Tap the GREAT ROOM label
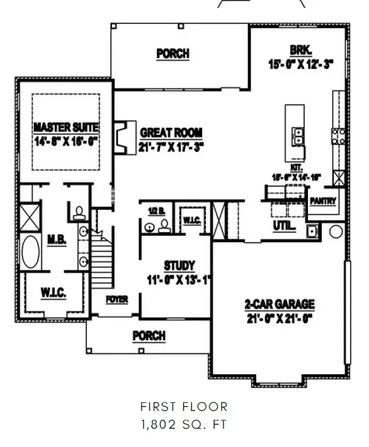(171, 133)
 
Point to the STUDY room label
(179, 266)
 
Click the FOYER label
(117, 299)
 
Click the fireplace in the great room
(125, 137)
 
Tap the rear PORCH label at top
(172, 54)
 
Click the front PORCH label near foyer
(149, 336)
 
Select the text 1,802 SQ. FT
(184, 424)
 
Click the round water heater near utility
(334, 231)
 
